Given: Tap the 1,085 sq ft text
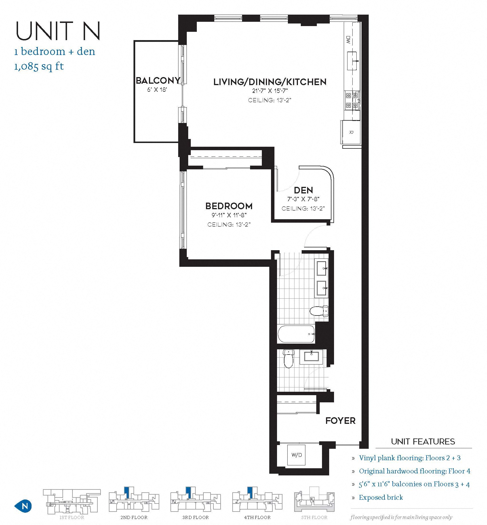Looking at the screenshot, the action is click(39, 66).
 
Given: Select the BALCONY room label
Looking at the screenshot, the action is click(158, 81).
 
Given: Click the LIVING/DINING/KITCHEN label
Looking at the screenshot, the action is click(270, 82).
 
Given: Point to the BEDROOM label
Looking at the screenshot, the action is click(229, 206).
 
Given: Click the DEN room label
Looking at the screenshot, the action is click(303, 190).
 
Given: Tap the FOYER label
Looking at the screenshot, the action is click(340, 421).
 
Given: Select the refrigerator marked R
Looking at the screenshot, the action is click(351, 132).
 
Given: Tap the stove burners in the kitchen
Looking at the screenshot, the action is click(352, 100).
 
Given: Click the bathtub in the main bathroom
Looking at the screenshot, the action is click(296, 334).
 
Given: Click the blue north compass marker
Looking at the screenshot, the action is click(23, 506).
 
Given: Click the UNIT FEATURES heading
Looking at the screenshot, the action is click(423, 441).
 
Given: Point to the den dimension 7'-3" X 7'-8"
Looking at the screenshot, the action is click(303, 199).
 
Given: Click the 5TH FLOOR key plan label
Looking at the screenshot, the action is click(314, 517).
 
